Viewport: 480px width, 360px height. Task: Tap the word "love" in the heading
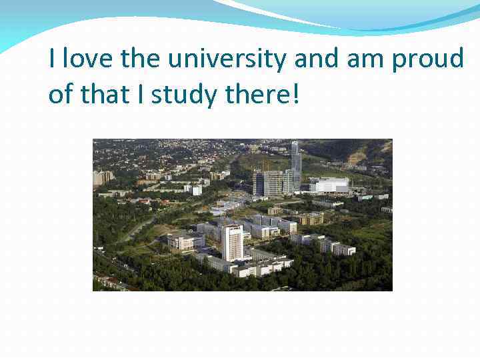click(89, 59)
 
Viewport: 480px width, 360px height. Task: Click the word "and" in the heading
click(317, 59)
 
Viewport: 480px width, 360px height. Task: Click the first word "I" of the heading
click(53, 59)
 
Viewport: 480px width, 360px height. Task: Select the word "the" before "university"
click(141, 59)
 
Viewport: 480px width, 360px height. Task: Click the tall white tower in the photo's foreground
click(233, 243)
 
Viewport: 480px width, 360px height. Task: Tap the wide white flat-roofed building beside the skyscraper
click(329, 185)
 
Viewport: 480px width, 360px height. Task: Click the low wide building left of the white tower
click(184, 241)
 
